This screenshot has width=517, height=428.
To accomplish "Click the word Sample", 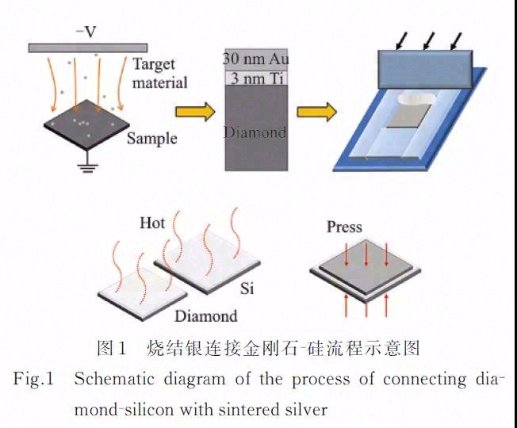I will point(151,139).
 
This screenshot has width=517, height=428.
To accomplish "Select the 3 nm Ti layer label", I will point(255,78).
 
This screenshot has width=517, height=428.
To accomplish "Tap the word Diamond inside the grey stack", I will point(255,132).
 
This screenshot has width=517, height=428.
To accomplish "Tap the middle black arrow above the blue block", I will point(428,38).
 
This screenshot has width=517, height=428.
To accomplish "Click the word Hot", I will point(152,223).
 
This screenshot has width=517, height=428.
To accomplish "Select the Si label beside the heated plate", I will point(247,287).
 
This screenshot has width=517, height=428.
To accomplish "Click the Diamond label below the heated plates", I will point(205,316).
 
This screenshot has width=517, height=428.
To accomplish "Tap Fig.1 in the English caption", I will point(33,379).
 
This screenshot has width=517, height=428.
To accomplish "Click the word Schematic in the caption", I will point(110,379).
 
